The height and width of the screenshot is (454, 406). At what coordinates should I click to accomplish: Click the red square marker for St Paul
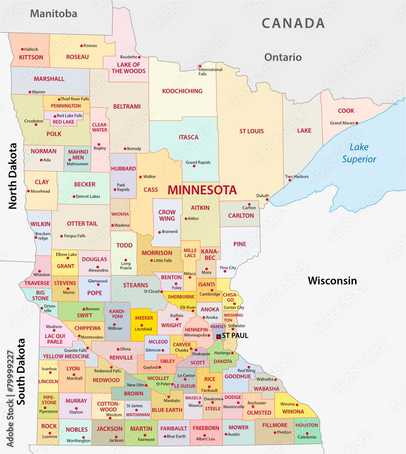pos(218,336)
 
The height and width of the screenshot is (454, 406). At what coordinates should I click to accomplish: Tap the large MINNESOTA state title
pos(202,190)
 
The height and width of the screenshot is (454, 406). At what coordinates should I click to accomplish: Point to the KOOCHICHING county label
pos(182,91)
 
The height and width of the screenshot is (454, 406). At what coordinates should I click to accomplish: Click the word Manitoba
pos(54,14)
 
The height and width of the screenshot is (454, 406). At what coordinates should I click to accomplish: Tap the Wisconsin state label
pos(332,281)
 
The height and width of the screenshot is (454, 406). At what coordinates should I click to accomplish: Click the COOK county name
pos(346,111)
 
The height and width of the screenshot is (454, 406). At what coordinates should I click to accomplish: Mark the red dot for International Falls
pos(199,66)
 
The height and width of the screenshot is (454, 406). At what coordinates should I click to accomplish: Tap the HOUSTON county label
pos(307,425)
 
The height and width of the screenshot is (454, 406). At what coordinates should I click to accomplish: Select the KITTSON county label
pos(31,57)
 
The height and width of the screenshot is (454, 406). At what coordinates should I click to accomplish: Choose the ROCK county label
pos(49,426)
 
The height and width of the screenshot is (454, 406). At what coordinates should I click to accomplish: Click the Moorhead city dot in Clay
pos(28,191)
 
